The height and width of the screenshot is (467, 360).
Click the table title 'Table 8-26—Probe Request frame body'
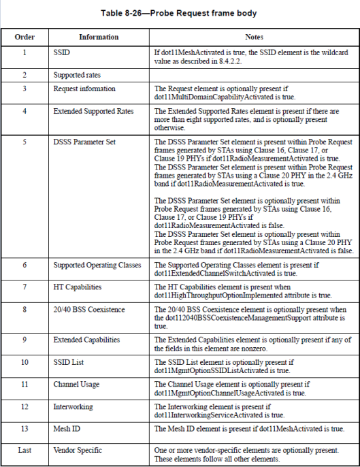180,13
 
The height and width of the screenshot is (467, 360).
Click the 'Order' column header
24,37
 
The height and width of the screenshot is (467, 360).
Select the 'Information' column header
98,37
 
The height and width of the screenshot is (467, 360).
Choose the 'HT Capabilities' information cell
78,287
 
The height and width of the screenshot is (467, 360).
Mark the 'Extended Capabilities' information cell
86,340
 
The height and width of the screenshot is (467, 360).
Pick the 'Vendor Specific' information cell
78,450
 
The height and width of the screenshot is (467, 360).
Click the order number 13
24,429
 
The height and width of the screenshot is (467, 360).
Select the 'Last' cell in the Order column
24,450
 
